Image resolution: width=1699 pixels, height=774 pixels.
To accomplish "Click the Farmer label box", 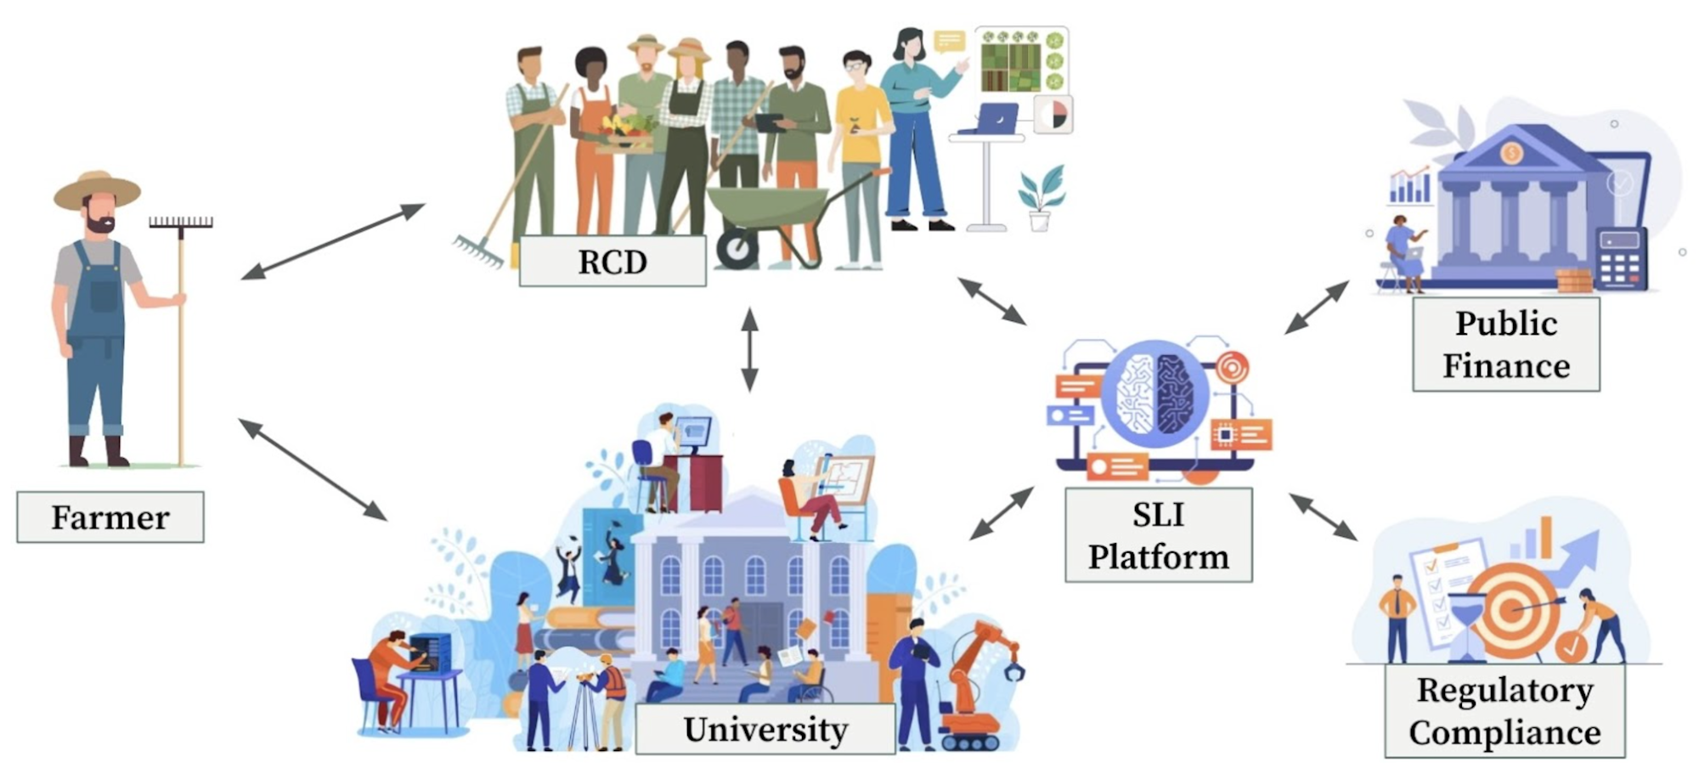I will pyautogui.click(x=110, y=517).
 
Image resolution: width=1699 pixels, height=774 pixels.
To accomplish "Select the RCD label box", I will pyautogui.click(x=612, y=262).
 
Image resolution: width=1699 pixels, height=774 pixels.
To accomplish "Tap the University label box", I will pyautogui.click(x=765, y=729).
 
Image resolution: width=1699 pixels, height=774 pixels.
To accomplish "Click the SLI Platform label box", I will pyautogui.click(x=1158, y=535).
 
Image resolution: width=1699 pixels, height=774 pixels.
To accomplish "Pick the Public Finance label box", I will pyautogui.click(x=1505, y=344).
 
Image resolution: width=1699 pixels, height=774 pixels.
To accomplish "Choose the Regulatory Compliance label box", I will pyautogui.click(x=1504, y=711).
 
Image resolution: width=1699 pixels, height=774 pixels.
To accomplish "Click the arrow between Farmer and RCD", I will pyautogui.click(x=332, y=241).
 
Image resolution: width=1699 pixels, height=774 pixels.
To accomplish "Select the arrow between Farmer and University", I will pyautogui.click(x=312, y=469).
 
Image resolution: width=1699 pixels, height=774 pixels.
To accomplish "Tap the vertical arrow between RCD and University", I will pyautogui.click(x=749, y=349).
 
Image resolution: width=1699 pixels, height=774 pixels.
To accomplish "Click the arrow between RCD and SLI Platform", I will pyautogui.click(x=991, y=301).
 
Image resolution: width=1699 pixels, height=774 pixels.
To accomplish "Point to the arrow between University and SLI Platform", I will pyautogui.click(x=1002, y=513).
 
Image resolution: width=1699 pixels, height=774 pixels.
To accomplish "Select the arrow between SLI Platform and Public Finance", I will pyautogui.click(x=1316, y=307).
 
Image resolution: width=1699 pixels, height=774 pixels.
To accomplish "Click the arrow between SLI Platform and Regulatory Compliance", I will pyautogui.click(x=1323, y=517).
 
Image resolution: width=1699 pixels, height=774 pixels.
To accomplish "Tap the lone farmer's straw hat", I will pyautogui.click(x=97, y=189).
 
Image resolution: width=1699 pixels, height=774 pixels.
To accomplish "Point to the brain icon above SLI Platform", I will pyautogui.click(x=1154, y=393).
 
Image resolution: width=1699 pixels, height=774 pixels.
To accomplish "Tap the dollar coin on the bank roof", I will pyautogui.click(x=1510, y=154).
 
